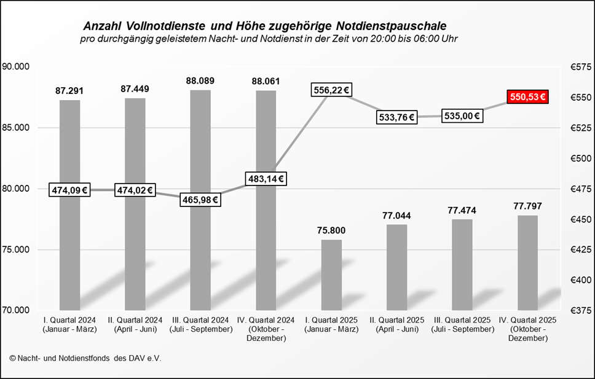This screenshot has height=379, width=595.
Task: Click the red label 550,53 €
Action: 527,97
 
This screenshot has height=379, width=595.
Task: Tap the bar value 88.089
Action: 200,80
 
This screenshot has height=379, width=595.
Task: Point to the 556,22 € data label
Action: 331,90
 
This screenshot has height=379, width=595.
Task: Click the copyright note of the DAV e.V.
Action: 85,358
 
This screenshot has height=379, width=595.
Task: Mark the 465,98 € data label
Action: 200,200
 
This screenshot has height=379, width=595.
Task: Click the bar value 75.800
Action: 331,230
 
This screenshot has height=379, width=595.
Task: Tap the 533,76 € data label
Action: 396,116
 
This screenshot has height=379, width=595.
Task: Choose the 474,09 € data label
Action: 69,190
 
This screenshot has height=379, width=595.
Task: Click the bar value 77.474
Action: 462,210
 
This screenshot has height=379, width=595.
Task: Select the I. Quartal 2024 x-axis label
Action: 69,324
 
